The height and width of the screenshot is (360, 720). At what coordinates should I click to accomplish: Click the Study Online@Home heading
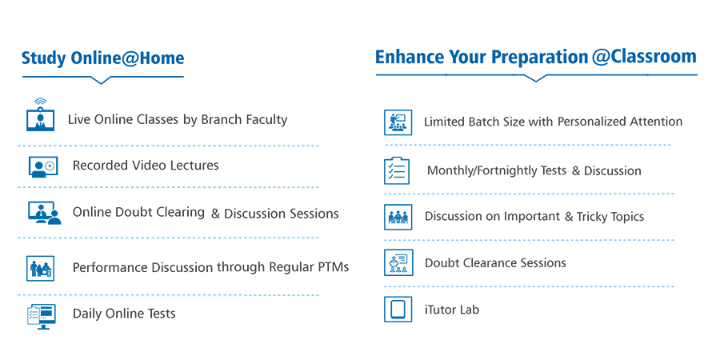pos(103,58)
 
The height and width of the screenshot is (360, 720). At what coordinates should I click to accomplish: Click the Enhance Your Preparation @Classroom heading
pos(536,57)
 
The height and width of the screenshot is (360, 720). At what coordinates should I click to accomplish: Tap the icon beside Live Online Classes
pos(41,114)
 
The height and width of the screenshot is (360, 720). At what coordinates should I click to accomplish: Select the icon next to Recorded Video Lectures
pos(43,166)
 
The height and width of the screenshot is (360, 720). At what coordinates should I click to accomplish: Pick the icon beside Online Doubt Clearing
pos(44,213)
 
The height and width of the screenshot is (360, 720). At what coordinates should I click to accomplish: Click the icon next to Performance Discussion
pos(41,268)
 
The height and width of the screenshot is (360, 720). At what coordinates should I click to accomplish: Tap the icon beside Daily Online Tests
pos(42,316)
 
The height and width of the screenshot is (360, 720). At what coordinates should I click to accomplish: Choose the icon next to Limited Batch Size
pos(398,122)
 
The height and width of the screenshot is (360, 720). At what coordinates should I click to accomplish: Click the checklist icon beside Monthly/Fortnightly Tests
pos(397,170)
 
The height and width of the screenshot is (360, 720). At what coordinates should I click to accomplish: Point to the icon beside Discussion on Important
pos(398,217)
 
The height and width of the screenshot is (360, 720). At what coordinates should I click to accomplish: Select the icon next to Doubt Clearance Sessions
pos(398,262)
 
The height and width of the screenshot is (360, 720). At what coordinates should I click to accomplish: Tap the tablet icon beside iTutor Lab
pos(398,310)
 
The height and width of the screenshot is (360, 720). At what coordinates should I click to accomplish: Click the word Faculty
pos(266,120)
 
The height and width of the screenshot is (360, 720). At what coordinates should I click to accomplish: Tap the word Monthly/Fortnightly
pos(497,171)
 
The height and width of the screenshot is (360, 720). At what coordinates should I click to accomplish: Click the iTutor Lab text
pos(452,310)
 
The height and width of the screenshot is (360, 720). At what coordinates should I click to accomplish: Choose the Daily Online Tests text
pos(124,314)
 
